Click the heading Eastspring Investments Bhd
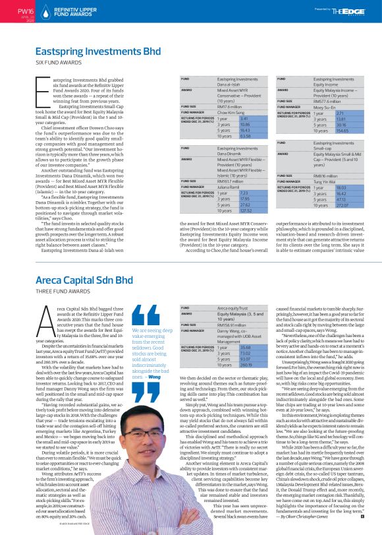click(97, 51)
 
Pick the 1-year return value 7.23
click(225, 192)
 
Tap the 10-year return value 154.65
click(323, 132)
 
